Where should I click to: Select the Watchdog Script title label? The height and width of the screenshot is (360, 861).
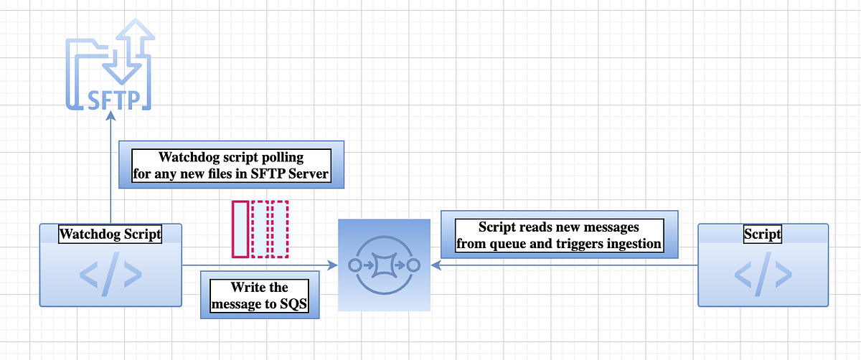pos(110,234)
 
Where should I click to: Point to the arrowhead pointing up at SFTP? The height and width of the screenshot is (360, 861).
pos(110,116)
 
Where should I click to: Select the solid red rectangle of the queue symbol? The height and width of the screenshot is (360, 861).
pos(240,229)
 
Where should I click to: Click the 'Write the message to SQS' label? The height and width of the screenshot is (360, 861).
pos(260,296)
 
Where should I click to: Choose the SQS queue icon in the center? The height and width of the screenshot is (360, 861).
pos(383,265)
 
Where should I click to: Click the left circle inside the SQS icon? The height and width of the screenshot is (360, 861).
pos(354,265)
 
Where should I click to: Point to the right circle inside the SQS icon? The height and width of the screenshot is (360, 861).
pos(413,265)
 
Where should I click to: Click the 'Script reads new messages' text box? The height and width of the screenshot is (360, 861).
pos(558,235)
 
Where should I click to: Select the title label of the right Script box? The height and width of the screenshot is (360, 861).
pos(763,234)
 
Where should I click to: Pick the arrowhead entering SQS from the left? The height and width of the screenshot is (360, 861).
pos(333,265)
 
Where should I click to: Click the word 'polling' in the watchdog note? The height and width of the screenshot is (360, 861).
pos(280,157)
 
